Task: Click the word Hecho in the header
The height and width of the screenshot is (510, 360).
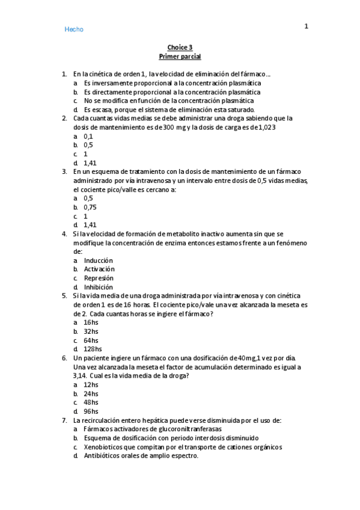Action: pyautogui.click(x=74, y=29)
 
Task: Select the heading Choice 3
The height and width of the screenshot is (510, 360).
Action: pyautogui.click(x=180, y=48)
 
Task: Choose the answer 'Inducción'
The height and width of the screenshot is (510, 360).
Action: pyautogui.click(x=99, y=260)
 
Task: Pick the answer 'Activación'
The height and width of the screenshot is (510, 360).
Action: pyautogui.click(x=99, y=269)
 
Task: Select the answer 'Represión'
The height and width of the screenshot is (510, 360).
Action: pyautogui.click(x=99, y=278)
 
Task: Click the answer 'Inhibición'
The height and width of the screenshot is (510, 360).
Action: pyautogui.click(x=99, y=287)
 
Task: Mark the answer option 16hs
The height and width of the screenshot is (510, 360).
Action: pyautogui.click(x=91, y=322)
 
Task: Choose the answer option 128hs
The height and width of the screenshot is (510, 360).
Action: pyautogui.click(x=93, y=349)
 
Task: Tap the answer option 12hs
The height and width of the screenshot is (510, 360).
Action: pyautogui.click(x=91, y=384)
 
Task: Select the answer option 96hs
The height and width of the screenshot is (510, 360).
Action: pyautogui.click(x=91, y=411)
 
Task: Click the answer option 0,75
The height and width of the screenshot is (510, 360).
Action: pyautogui.click(x=90, y=207)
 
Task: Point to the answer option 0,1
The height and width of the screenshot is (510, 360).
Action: pyautogui.click(x=88, y=137)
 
